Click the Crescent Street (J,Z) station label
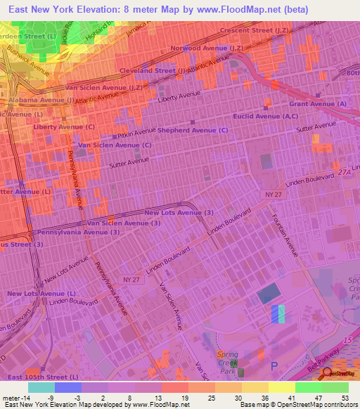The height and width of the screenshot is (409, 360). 253,30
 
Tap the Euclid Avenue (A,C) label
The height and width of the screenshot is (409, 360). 266,116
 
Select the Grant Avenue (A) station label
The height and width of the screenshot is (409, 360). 318,104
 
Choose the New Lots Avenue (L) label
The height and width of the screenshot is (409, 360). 41,293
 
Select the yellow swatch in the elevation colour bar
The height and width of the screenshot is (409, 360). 281,387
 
